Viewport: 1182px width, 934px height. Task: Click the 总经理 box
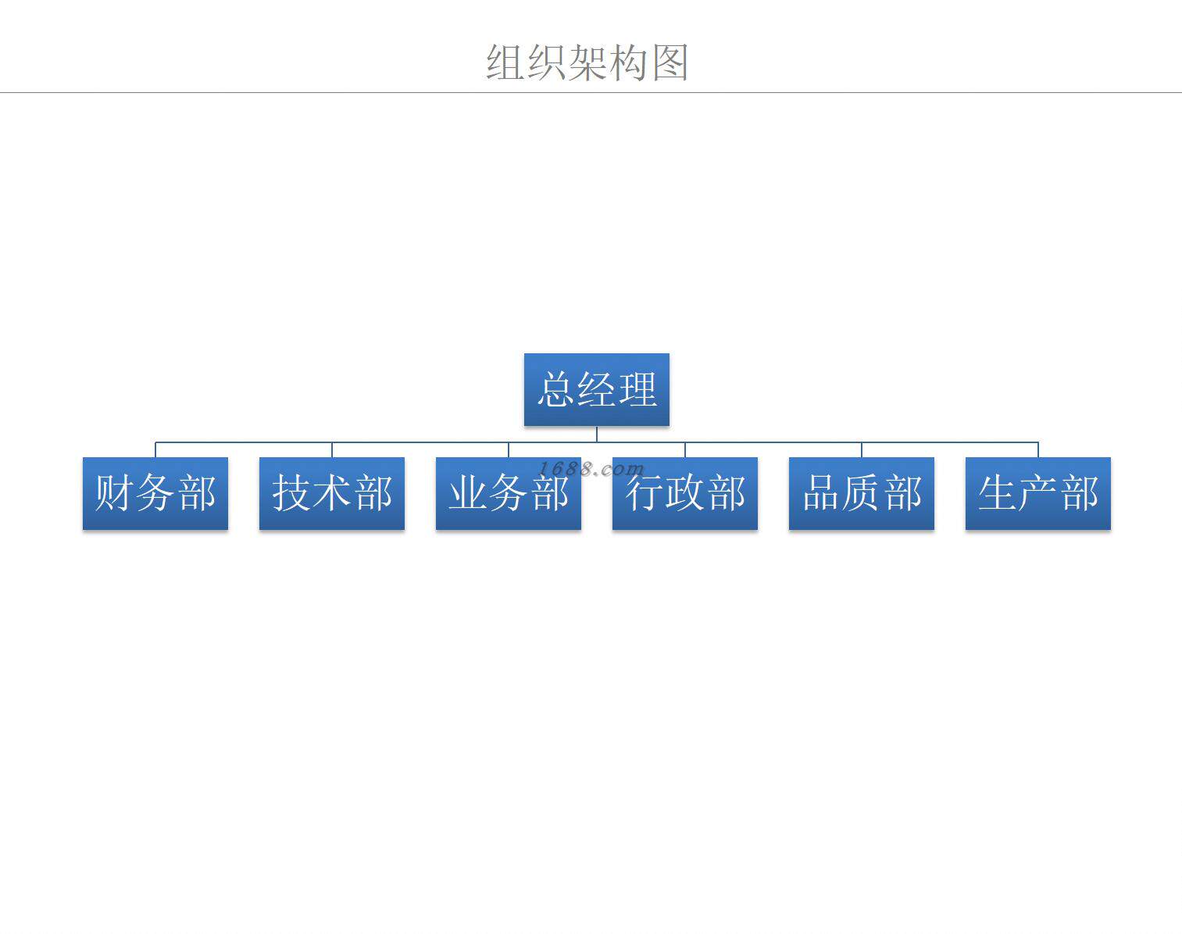(x=596, y=389)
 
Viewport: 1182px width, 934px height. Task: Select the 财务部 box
(x=155, y=493)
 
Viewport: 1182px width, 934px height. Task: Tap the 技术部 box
(x=331, y=493)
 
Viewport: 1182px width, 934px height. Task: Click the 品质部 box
(x=861, y=493)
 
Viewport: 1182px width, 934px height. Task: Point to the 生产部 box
(x=1037, y=493)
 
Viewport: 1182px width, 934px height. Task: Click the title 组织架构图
(x=587, y=63)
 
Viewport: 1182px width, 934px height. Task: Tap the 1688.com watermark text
(x=591, y=469)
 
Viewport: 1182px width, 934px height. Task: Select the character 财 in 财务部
(x=114, y=493)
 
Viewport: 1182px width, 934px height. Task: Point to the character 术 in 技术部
(x=332, y=493)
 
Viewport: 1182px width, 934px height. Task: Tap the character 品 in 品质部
(x=821, y=493)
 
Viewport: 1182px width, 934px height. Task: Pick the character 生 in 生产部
(x=998, y=493)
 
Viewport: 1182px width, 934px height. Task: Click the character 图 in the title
(x=670, y=63)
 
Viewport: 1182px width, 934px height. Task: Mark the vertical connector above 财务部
(x=155, y=449)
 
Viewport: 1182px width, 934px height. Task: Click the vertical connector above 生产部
(x=1038, y=449)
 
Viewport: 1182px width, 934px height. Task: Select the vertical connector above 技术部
(x=332, y=449)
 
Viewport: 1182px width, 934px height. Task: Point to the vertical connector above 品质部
(x=862, y=449)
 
